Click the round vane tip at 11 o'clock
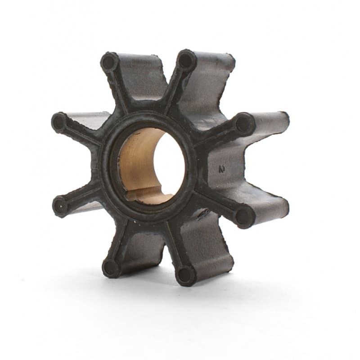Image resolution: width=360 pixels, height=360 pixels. point(109,62)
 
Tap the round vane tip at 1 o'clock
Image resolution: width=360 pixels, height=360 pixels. point(185,60)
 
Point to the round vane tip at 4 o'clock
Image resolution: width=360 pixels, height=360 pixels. point(244,216)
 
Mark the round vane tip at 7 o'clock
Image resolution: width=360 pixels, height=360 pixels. point(111,268)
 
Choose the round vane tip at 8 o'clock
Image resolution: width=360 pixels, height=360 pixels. point(60,205)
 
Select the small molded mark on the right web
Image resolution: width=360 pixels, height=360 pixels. point(221,170)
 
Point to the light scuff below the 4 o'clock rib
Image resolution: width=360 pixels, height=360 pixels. point(205,211)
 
